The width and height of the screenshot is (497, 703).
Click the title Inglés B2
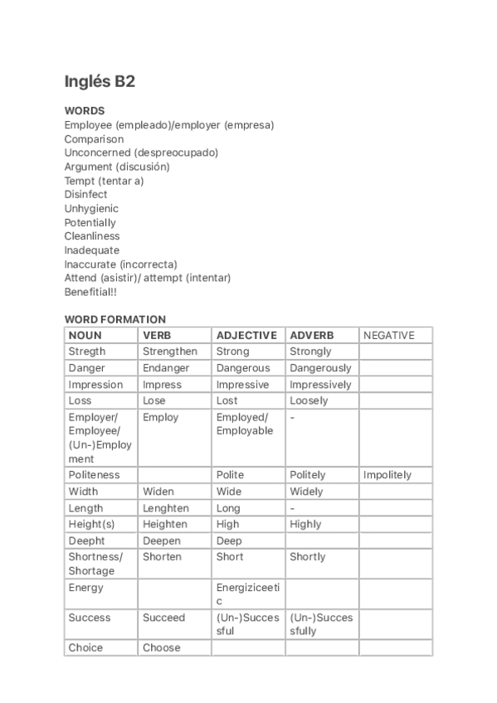tap(100, 81)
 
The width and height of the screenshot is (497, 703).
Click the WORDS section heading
tap(85, 110)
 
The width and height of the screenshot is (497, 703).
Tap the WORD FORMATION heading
tap(115, 319)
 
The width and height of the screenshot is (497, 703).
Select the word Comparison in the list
tap(94, 139)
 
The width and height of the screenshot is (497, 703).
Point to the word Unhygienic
tap(91, 209)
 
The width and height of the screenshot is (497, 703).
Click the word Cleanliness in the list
tap(92, 236)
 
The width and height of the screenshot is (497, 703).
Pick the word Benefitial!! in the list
tap(92, 292)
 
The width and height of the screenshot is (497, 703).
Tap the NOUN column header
tap(85, 336)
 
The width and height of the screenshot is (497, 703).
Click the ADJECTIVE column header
tap(246, 336)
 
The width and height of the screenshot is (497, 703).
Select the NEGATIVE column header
tap(388, 336)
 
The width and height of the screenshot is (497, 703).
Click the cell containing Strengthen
tap(170, 351)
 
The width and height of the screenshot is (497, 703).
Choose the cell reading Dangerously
tap(320, 368)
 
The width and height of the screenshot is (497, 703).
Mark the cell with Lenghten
tap(166, 508)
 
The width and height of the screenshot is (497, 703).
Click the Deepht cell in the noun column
tap(87, 541)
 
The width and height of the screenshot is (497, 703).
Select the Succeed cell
tap(164, 618)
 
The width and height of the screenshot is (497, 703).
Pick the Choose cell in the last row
tap(161, 647)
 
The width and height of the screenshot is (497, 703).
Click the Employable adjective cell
tap(245, 431)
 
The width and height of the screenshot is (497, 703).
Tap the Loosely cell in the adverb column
tap(309, 400)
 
